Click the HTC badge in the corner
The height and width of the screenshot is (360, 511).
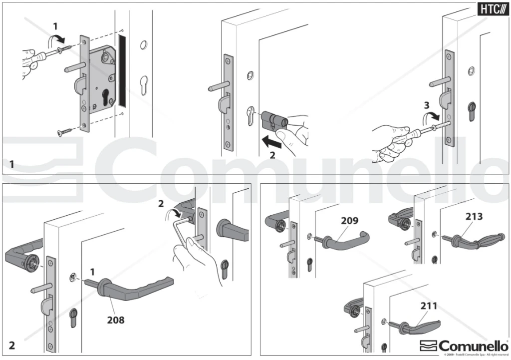tap(491, 9)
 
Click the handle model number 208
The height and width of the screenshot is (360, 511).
tap(116, 319)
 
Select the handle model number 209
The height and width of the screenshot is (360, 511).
tap(350, 220)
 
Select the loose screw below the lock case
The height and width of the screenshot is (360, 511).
tap(65, 132)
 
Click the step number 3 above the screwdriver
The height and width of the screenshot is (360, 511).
tap(426, 105)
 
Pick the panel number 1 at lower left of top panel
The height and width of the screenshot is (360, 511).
tap(12, 164)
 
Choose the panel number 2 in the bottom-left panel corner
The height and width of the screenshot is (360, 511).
tap(12, 345)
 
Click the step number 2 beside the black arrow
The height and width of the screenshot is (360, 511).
tap(272, 155)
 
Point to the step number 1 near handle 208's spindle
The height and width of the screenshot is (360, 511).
tap(92, 272)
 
